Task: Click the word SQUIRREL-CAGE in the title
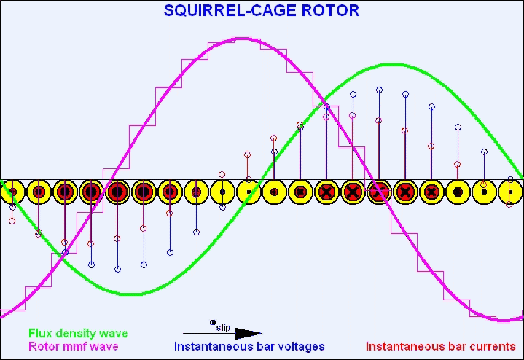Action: pos(230,10)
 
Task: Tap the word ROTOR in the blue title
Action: pos(331,10)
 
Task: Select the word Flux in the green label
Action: pos(38,333)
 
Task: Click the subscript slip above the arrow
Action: pos(223,327)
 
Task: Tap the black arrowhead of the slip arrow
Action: pos(249,333)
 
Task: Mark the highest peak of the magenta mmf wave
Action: pos(243,39)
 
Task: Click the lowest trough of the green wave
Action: pos(130,294)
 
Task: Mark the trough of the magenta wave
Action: pos(504,320)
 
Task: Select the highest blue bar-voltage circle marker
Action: pos(379,90)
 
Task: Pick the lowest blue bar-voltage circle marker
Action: pos(117,269)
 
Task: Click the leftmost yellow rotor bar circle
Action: pos(12,192)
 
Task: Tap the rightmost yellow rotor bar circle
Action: pos(511,192)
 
